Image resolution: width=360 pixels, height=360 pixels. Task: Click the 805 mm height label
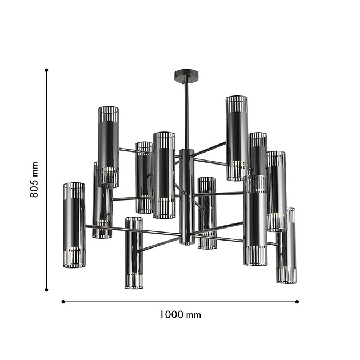34,179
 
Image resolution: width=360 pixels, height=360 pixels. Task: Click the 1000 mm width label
181,315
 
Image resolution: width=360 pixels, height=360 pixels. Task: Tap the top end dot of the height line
46,70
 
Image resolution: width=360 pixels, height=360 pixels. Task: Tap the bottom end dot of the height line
46,289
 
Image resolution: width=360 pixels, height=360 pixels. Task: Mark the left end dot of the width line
63,301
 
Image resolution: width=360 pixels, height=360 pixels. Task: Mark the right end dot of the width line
298,301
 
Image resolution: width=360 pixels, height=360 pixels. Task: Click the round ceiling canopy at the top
186,75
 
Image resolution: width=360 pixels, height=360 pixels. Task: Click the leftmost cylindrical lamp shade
74,225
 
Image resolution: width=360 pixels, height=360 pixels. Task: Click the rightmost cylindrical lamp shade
286,246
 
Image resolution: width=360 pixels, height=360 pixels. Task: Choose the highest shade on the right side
236,137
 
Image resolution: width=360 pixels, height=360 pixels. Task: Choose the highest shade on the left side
108,146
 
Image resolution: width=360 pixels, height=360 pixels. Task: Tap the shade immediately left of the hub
164,175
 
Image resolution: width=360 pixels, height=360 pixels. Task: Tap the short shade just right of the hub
207,213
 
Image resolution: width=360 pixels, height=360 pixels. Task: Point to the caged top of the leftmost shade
74,190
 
